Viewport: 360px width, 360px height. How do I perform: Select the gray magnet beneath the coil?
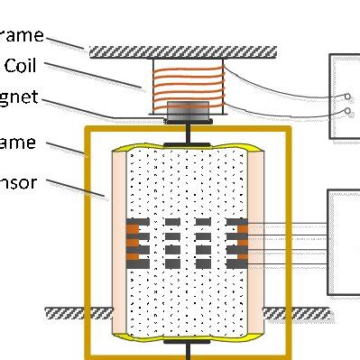click(x=188, y=111)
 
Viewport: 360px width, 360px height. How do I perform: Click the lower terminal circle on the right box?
click(x=347, y=114)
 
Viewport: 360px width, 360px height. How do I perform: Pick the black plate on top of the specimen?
click(x=188, y=143)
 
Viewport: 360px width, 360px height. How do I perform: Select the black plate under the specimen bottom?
click(x=188, y=344)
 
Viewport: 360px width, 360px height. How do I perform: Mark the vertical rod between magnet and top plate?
click(x=188, y=131)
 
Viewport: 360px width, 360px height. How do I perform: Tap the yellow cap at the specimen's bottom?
click(x=188, y=338)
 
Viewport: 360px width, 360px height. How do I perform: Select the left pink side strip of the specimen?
click(x=121, y=244)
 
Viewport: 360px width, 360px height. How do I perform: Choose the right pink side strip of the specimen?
click(x=256, y=244)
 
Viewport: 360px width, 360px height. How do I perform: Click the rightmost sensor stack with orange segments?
click(x=237, y=243)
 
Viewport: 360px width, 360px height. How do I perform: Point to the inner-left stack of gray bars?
click(x=173, y=243)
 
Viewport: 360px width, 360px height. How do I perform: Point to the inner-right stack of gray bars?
click(x=203, y=243)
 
